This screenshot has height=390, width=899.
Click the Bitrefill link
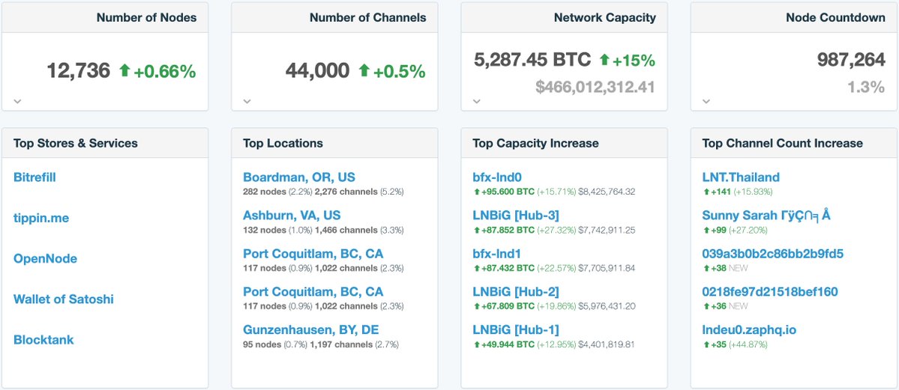pyautogui.click(x=34, y=177)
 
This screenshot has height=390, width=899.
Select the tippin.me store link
pyautogui.click(x=41, y=218)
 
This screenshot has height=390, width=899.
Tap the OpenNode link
pyautogui.click(x=45, y=258)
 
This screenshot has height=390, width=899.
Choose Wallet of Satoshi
pyautogui.click(x=64, y=299)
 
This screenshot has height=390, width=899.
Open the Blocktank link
pyautogui.click(x=43, y=339)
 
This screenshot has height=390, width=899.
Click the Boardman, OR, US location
pyautogui.click(x=299, y=177)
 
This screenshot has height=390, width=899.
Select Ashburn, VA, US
pyautogui.click(x=292, y=216)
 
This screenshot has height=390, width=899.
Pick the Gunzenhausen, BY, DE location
pyautogui.click(x=310, y=329)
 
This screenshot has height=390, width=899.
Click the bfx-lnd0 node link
pyautogui.click(x=497, y=177)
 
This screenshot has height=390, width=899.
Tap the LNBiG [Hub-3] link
pyautogui.click(x=516, y=216)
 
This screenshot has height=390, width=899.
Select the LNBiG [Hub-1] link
pyautogui.click(x=516, y=329)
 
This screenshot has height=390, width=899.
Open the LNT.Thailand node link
pyautogui.click(x=741, y=177)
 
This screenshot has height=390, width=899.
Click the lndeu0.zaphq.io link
pyautogui.click(x=749, y=329)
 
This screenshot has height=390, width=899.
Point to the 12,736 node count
pyautogui.click(x=78, y=71)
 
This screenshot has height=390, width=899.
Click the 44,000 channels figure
pyautogui.click(x=317, y=71)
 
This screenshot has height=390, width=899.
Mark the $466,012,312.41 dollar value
pyautogui.click(x=595, y=87)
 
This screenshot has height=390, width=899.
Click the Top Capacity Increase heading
pyautogui.click(x=535, y=143)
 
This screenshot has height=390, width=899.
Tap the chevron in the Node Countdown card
pyautogui.click(x=706, y=101)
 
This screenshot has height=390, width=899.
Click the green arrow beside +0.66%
pyautogui.click(x=124, y=71)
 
